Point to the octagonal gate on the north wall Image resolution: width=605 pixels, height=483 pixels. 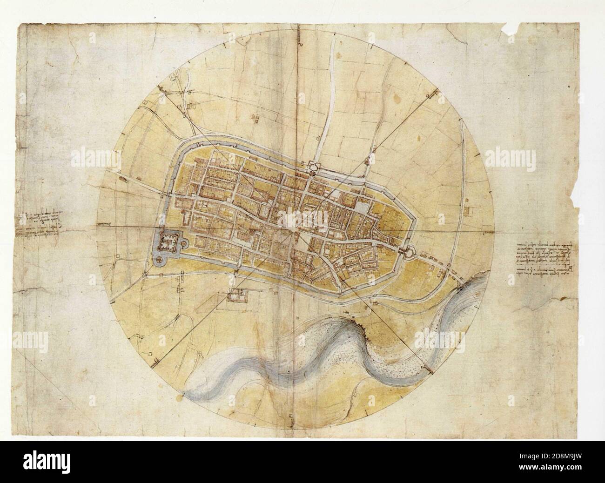point(312,166)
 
